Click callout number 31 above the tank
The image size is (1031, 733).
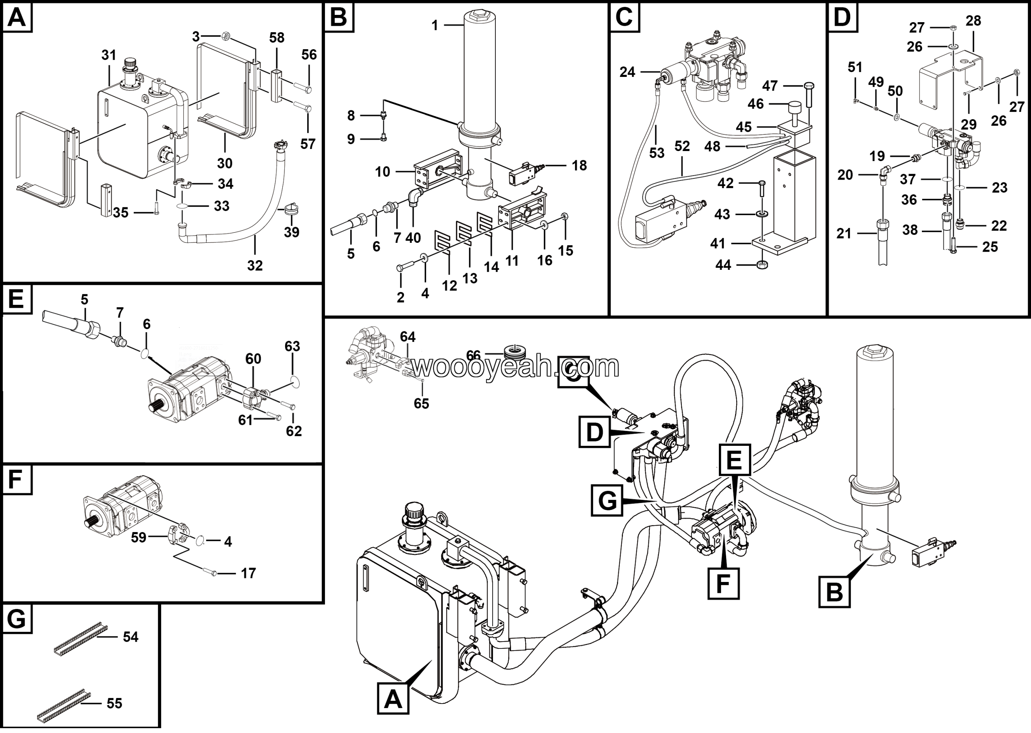109,55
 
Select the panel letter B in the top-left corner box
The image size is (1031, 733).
338,18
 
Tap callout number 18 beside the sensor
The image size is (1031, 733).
580,166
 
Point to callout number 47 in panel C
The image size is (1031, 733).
770,86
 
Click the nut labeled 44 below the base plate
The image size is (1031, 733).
761,265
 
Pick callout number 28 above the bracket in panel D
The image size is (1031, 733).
973,21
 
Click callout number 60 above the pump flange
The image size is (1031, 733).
253,359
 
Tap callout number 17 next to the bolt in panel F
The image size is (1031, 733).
248,573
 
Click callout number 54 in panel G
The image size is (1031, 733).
130,637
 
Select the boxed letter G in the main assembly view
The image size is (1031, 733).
607,501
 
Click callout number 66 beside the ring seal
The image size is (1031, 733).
473,356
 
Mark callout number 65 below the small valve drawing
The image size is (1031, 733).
421,404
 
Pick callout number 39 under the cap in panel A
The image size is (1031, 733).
292,232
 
